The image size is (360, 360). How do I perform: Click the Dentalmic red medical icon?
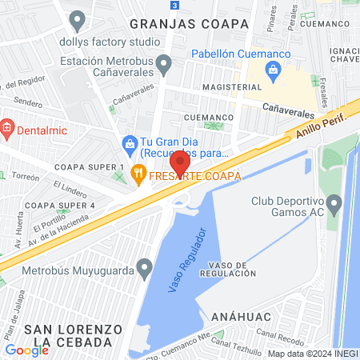click(x=6, y=126)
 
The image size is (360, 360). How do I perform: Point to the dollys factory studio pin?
click(x=77, y=18)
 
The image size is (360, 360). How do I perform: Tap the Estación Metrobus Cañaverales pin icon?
click(x=164, y=62)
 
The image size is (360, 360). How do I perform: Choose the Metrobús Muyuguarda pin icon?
click(x=144, y=266)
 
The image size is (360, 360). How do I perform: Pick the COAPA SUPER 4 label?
click(x=60, y=206)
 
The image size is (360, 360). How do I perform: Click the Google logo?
click(x=26, y=350)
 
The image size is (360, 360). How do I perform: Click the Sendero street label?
click(x=29, y=104)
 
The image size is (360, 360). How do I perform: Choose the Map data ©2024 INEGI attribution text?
click(x=312, y=353)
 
